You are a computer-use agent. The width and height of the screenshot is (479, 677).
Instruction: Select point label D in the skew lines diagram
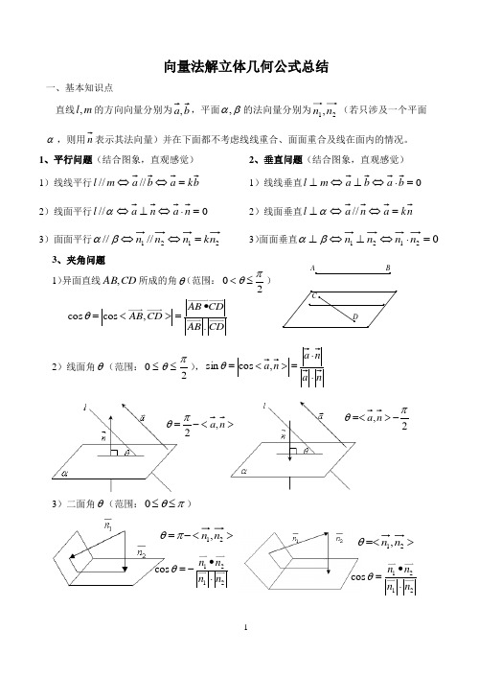click(x=354, y=316)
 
